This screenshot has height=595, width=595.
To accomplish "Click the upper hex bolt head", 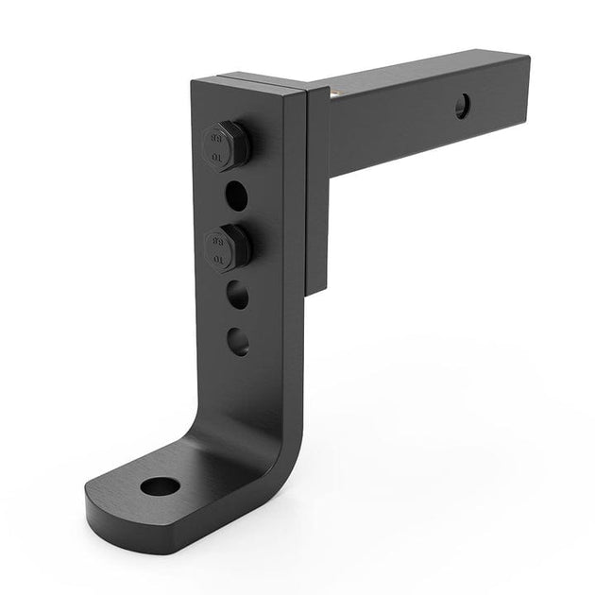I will pos(224,144).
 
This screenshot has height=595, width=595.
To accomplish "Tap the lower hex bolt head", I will pos(226,247).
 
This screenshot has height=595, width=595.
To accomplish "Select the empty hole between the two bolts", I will pos(235,195).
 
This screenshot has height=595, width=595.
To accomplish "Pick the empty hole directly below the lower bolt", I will pos(238,296).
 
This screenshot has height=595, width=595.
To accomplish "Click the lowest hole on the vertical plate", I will pos(239,340).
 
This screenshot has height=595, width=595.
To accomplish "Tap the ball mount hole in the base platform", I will pos(160,487).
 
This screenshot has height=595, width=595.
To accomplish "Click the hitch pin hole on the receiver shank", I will pos(462,106).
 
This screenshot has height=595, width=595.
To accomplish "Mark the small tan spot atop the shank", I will pos(331,93).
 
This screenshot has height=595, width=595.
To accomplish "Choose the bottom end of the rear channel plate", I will pos(316,283).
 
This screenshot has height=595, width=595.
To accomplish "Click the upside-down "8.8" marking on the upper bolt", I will pos(214,135).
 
